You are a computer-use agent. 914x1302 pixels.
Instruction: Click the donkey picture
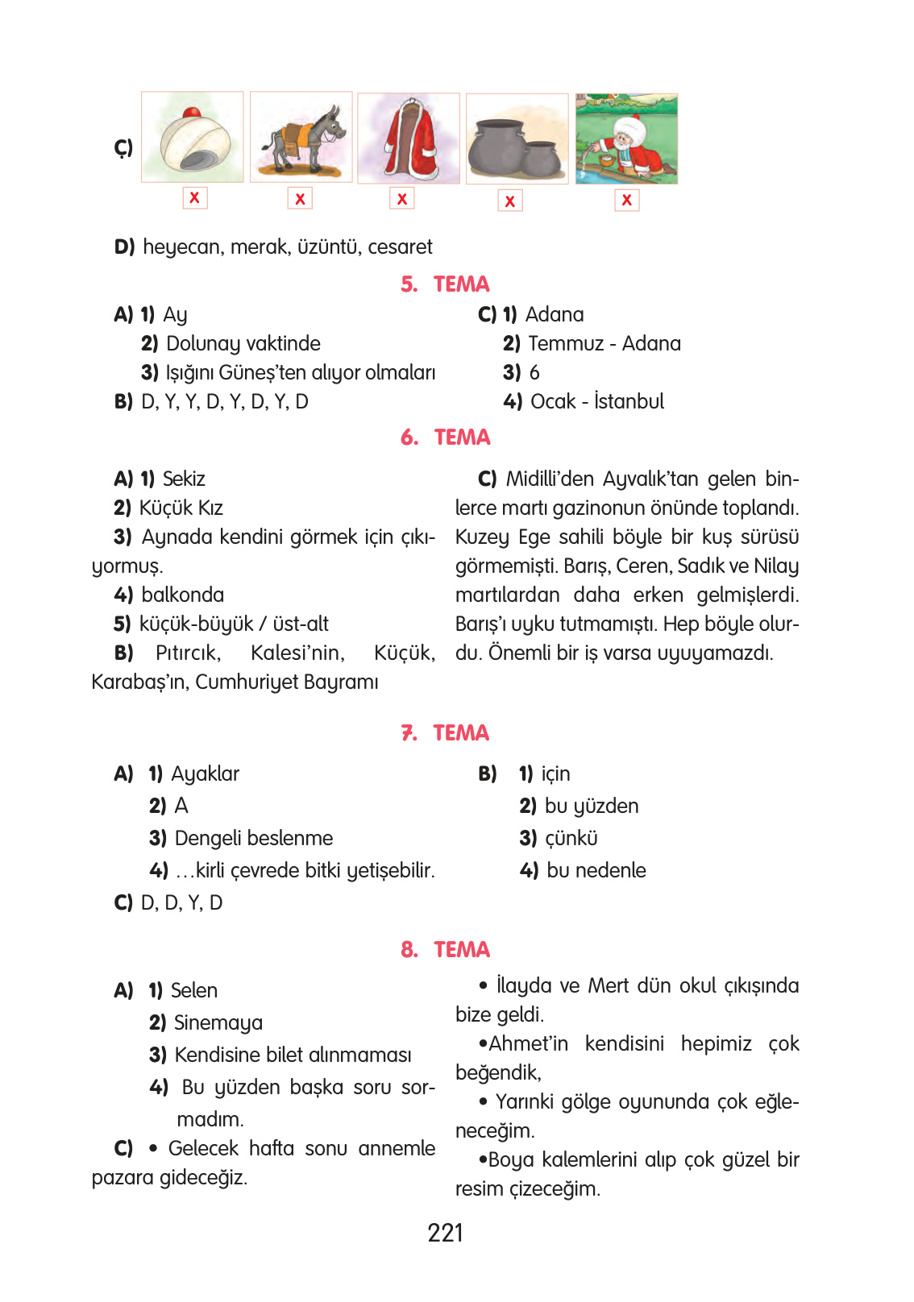point(301,138)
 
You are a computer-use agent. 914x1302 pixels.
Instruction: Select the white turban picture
point(193,138)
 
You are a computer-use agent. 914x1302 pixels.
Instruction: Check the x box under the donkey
point(300,198)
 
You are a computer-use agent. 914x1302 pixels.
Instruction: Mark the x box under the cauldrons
point(509,201)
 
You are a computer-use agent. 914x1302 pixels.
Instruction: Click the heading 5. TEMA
point(445,284)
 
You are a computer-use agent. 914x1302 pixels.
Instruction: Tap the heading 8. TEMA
point(445,950)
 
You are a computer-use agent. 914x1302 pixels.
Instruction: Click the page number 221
point(446,1233)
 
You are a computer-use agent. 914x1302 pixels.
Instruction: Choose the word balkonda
point(183,595)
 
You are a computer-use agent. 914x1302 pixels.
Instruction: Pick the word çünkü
point(571,839)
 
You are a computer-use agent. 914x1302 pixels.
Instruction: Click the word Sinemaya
point(218,1023)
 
